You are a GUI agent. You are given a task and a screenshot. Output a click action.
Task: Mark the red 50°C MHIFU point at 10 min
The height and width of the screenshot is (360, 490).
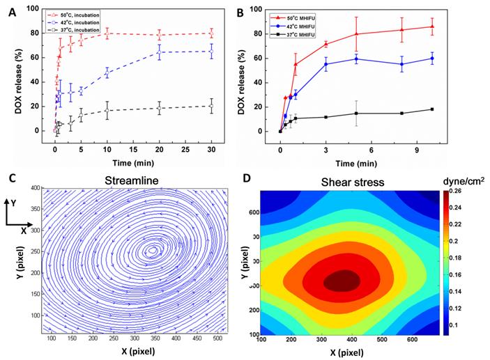pos(432,26)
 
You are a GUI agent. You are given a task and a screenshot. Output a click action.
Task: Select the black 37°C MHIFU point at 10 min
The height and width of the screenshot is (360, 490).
pos(432,109)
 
